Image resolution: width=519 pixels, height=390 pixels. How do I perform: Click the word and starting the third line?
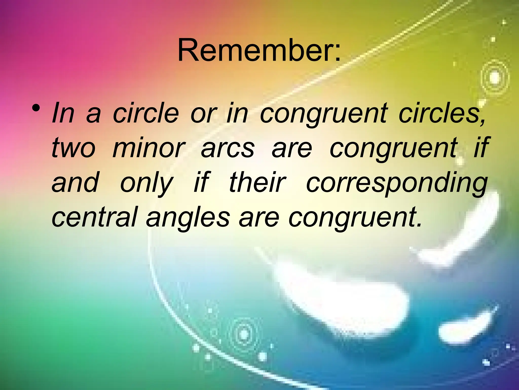point(75,182)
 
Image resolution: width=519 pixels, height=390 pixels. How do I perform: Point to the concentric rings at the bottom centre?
point(244,334)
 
